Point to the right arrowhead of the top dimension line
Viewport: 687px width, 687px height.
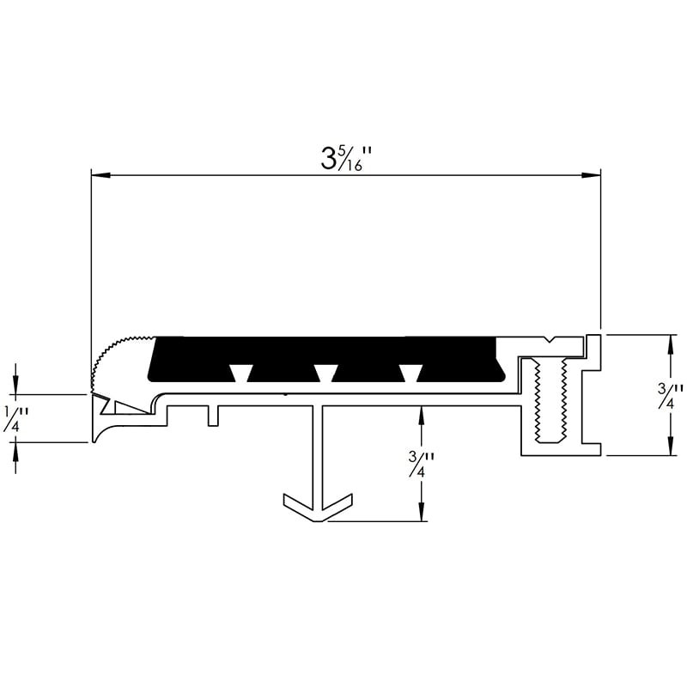click(591, 176)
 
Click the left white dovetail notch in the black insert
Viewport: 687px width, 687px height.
click(240, 372)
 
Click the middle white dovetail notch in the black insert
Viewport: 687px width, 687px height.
click(325, 372)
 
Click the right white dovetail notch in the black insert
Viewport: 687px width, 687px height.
click(411, 372)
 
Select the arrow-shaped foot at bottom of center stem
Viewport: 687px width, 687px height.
click(318, 508)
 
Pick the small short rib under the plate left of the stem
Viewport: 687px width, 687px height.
click(213, 415)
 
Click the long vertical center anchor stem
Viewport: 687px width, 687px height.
click(318, 455)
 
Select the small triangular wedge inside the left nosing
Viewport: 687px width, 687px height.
click(127, 404)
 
